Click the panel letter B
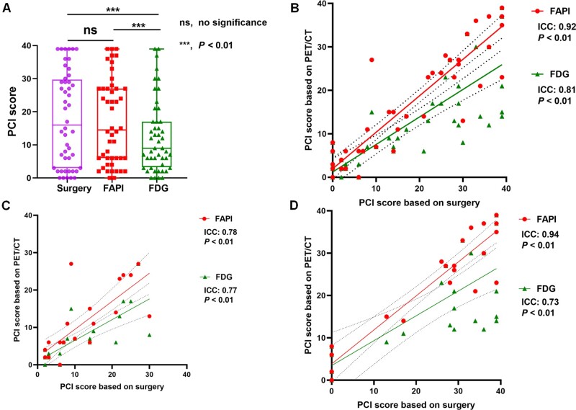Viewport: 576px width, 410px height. click(x=296, y=9)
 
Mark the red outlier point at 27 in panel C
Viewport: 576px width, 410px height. click(x=71, y=264)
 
